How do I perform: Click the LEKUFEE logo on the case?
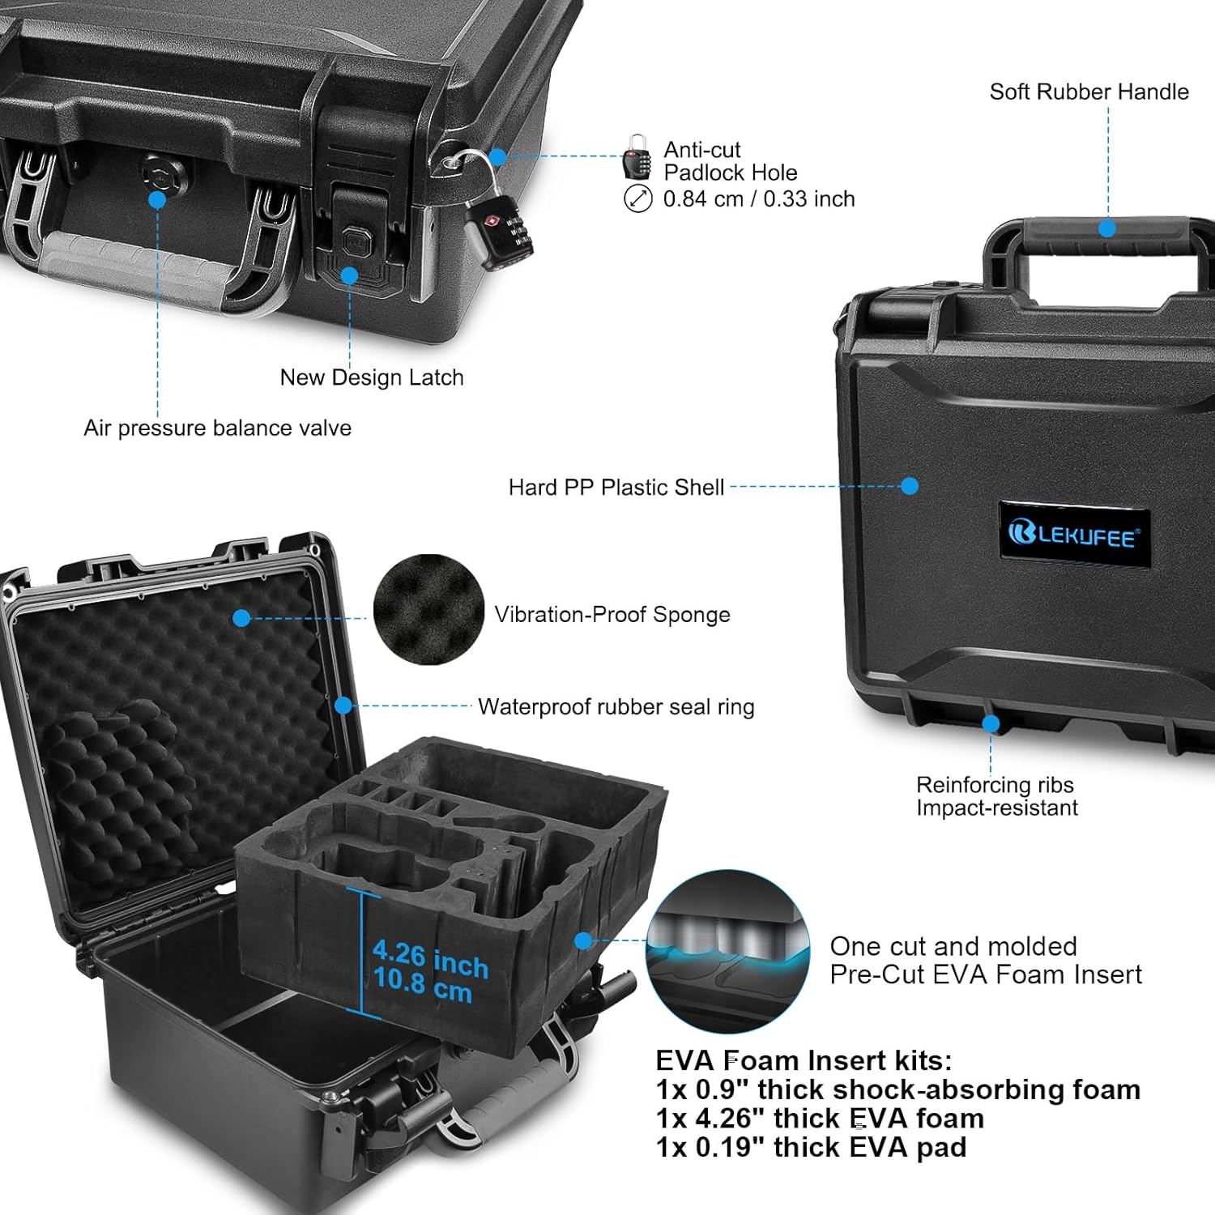pyautogui.click(x=1074, y=535)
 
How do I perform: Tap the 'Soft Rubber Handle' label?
pyautogui.click(x=1089, y=92)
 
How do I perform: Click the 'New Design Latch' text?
pyautogui.click(x=371, y=377)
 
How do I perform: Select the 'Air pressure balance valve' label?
pyautogui.click(x=217, y=428)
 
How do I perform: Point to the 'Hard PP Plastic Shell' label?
pyautogui.click(x=616, y=487)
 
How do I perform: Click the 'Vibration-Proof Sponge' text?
pyautogui.click(x=612, y=614)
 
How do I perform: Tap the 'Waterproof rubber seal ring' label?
pyautogui.click(x=616, y=706)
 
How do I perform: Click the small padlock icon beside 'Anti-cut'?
pyautogui.click(x=637, y=157)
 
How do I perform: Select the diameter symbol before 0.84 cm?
pyautogui.click(x=638, y=198)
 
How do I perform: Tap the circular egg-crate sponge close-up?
pyautogui.click(x=428, y=609)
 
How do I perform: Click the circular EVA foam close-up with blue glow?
pyautogui.click(x=727, y=951)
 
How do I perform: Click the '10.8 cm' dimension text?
pyautogui.click(x=422, y=986)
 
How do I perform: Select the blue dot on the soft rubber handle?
pyautogui.click(x=1107, y=228)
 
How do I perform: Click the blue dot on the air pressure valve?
pyautogui.click(x=157, y=199)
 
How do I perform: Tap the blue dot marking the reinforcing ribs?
pyautogui.click(x=991, y=723)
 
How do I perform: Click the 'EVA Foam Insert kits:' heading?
pyautogui.click(x=804, y=1060)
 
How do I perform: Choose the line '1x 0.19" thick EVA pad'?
pyautogui.click(x=811, y=1147)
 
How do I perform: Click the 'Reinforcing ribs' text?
pyautogui.click(x=995, y=784)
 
